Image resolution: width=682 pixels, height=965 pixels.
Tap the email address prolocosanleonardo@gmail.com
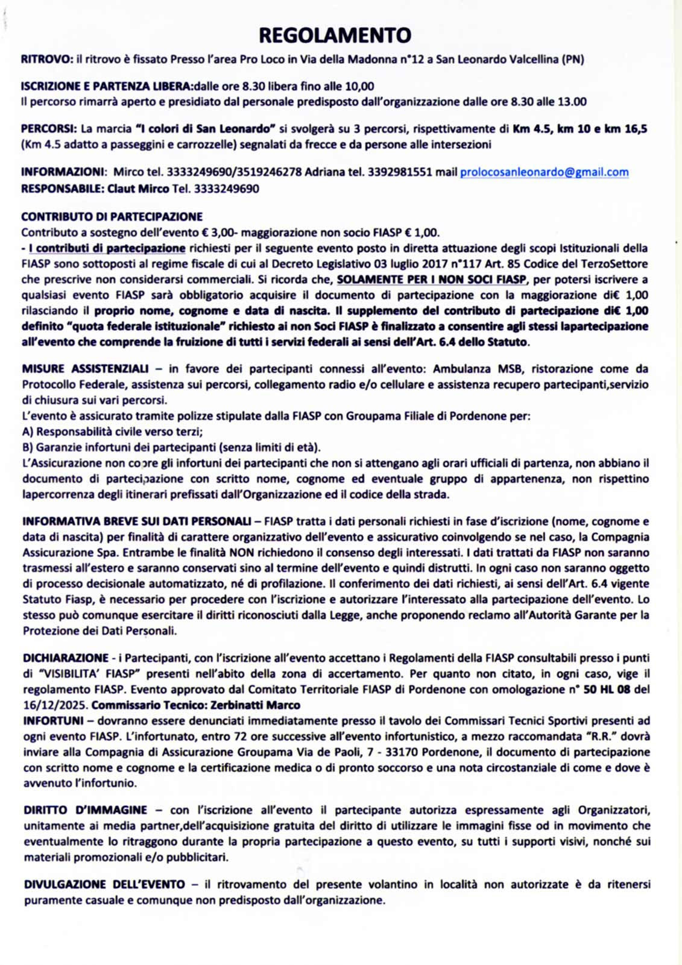pos(544,172)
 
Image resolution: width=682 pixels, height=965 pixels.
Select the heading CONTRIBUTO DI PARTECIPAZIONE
pos(112,216)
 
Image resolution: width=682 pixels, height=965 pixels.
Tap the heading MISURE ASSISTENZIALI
pos(85,369)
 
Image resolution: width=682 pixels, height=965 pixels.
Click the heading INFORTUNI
pos(53,720)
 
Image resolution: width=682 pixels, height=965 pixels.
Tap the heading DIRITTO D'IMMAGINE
pos(85,810)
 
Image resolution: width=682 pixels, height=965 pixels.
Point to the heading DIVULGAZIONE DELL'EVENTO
pos(104,885)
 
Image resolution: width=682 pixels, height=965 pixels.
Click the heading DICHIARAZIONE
pos(66,658)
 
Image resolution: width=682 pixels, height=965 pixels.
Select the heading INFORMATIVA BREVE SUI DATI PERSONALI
pos(137,521)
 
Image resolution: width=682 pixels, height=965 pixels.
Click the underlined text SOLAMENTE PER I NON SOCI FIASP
pos(431,280)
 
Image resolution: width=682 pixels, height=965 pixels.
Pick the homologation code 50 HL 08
pos(607,689)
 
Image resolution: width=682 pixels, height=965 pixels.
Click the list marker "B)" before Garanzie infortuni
pos(28,448)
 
